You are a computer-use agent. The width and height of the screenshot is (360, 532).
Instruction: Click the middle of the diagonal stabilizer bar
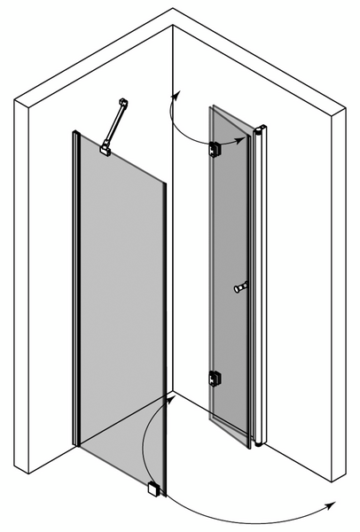tap(113, 127)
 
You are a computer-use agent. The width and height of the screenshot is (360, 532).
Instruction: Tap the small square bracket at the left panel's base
tap(154, 488)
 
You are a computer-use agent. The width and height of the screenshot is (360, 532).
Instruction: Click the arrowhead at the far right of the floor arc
tap(333, 504)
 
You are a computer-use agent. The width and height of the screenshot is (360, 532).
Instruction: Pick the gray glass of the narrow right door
tap(229, 266)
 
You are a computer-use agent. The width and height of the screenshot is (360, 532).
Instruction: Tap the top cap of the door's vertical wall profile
tap(261, 131)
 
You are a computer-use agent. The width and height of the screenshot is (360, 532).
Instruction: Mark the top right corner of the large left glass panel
tap(165, 184)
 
